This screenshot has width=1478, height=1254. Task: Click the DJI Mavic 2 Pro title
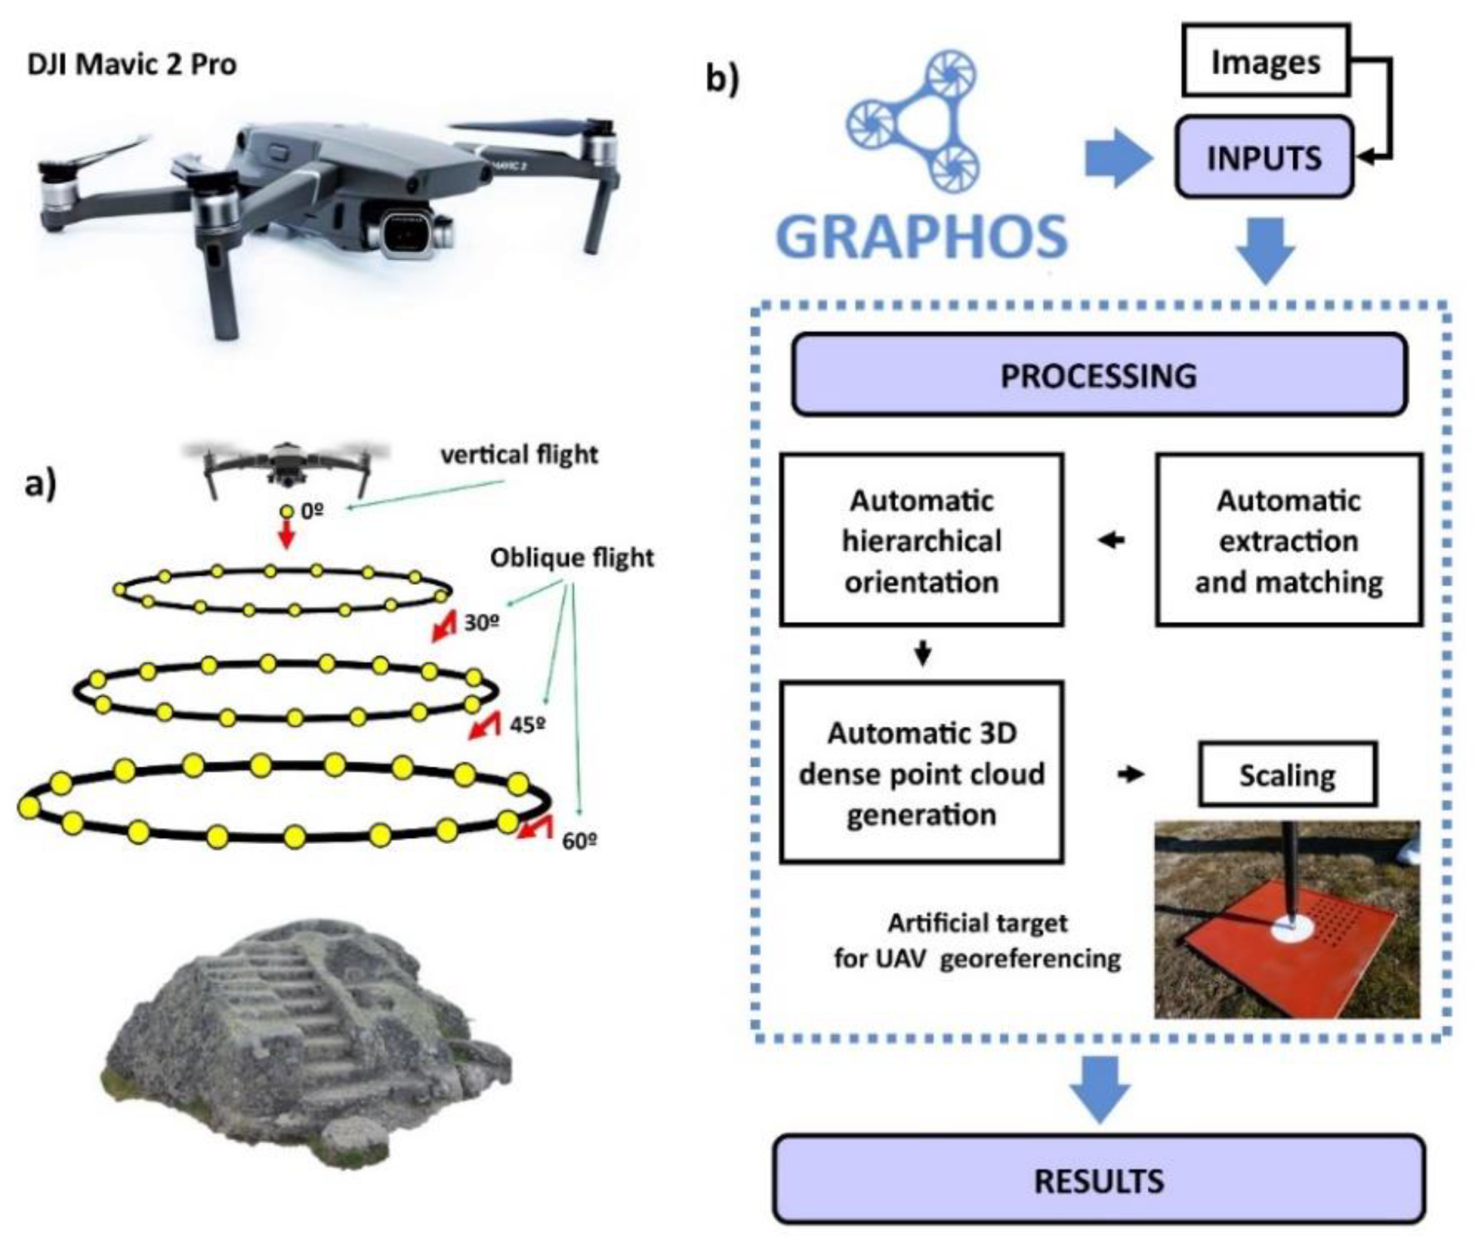132,64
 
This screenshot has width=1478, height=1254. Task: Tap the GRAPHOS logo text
921,237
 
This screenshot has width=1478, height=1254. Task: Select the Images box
1265,62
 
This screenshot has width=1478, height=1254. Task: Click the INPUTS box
1264,158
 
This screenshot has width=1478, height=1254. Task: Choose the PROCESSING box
1099,375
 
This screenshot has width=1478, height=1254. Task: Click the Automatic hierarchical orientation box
921,540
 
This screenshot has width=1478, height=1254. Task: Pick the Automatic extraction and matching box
1288,540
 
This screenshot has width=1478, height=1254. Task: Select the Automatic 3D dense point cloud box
921,773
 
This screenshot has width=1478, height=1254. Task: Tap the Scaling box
1287,775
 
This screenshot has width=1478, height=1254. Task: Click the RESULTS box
1099,1180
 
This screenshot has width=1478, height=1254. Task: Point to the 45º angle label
528,724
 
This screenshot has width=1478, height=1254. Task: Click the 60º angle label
579,841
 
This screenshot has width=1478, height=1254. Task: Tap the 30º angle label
481,622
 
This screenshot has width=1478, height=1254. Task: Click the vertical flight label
519,455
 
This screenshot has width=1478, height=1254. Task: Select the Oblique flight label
571,557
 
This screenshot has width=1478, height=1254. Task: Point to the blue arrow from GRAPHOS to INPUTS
1116,158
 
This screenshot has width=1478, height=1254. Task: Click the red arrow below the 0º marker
287,534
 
